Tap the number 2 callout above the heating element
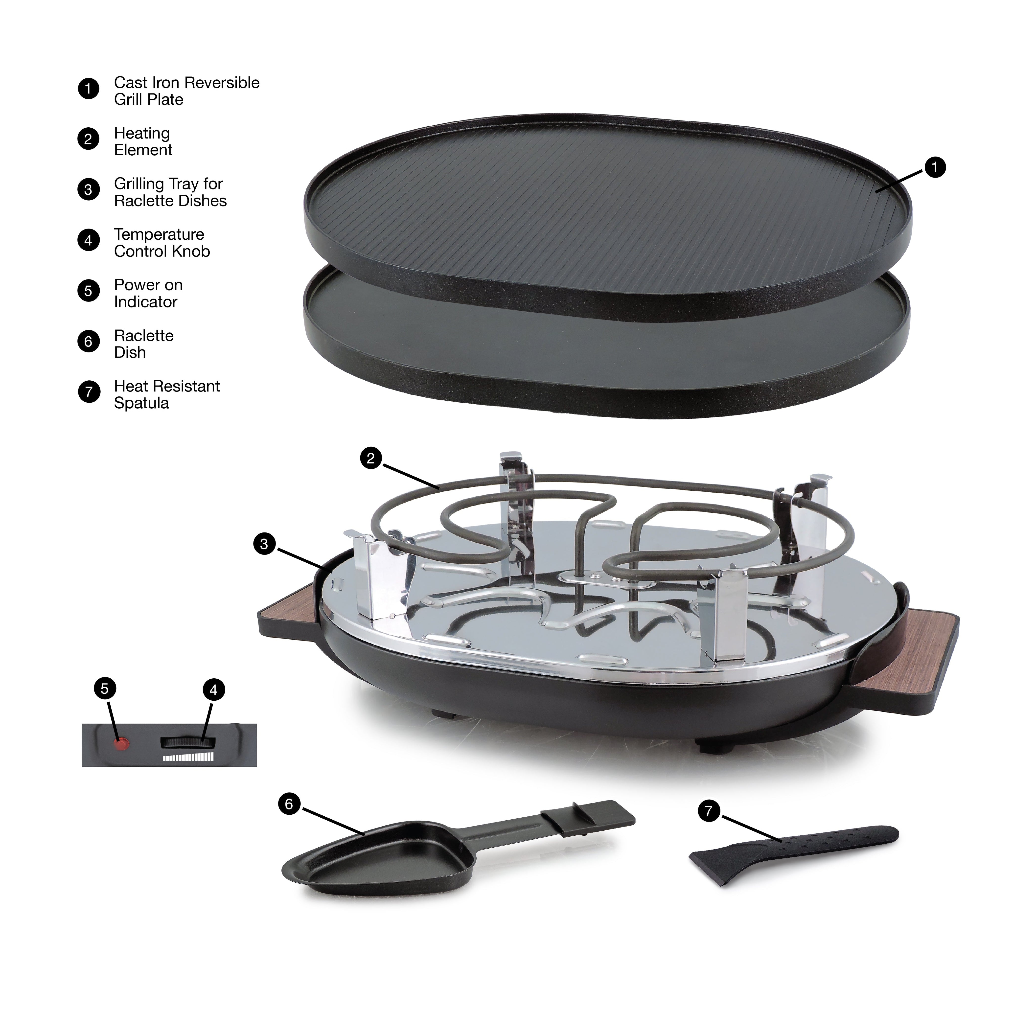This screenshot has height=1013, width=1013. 371,458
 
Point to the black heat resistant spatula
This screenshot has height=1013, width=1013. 793,855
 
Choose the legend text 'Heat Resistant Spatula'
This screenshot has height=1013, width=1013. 167,394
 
